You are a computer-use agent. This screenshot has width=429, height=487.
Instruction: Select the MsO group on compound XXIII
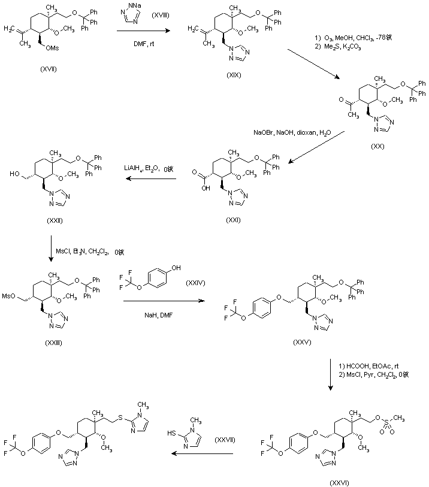(8, 295)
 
